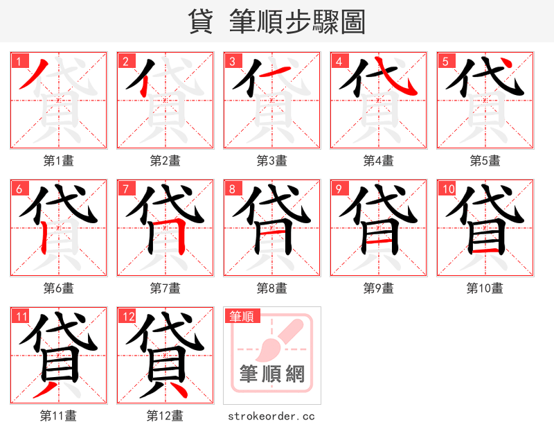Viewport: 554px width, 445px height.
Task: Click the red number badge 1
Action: click(17, 61)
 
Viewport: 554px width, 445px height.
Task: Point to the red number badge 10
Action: click(447, 189)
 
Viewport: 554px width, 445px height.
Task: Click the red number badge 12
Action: click(127, 317)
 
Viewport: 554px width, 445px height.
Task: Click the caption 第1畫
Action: click(58, 161)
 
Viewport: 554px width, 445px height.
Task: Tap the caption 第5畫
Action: click(485, 161)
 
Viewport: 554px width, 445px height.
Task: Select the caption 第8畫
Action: click(271, 288)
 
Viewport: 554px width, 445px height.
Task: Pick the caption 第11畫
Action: click(58, 416)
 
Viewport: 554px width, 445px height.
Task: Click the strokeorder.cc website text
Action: click(271, 416)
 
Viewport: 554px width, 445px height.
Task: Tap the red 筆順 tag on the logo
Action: click(242, 317)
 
